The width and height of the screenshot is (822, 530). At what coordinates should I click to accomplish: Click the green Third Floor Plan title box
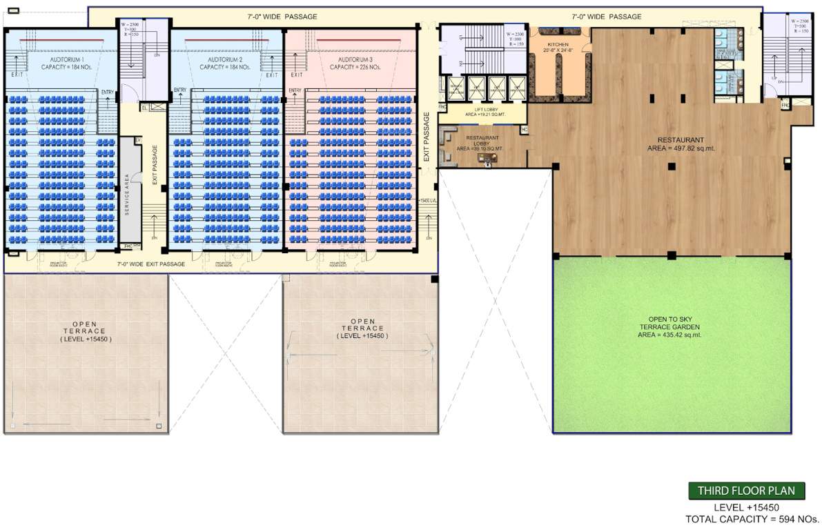pos(746,491)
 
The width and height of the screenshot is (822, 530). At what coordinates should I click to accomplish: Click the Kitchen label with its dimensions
pos(557,47)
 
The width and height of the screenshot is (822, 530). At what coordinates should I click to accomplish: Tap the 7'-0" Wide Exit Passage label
pos(151,264)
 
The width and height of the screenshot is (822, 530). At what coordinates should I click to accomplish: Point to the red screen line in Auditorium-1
pos(61,40)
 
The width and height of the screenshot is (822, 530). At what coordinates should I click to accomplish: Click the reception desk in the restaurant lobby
pos(488,158)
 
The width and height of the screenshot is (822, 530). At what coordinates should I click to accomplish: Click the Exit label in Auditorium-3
pos(297,75)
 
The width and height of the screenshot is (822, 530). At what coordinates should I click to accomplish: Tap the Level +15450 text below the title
pos(746,507)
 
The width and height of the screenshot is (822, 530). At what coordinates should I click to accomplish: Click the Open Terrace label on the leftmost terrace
pos(85,331)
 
